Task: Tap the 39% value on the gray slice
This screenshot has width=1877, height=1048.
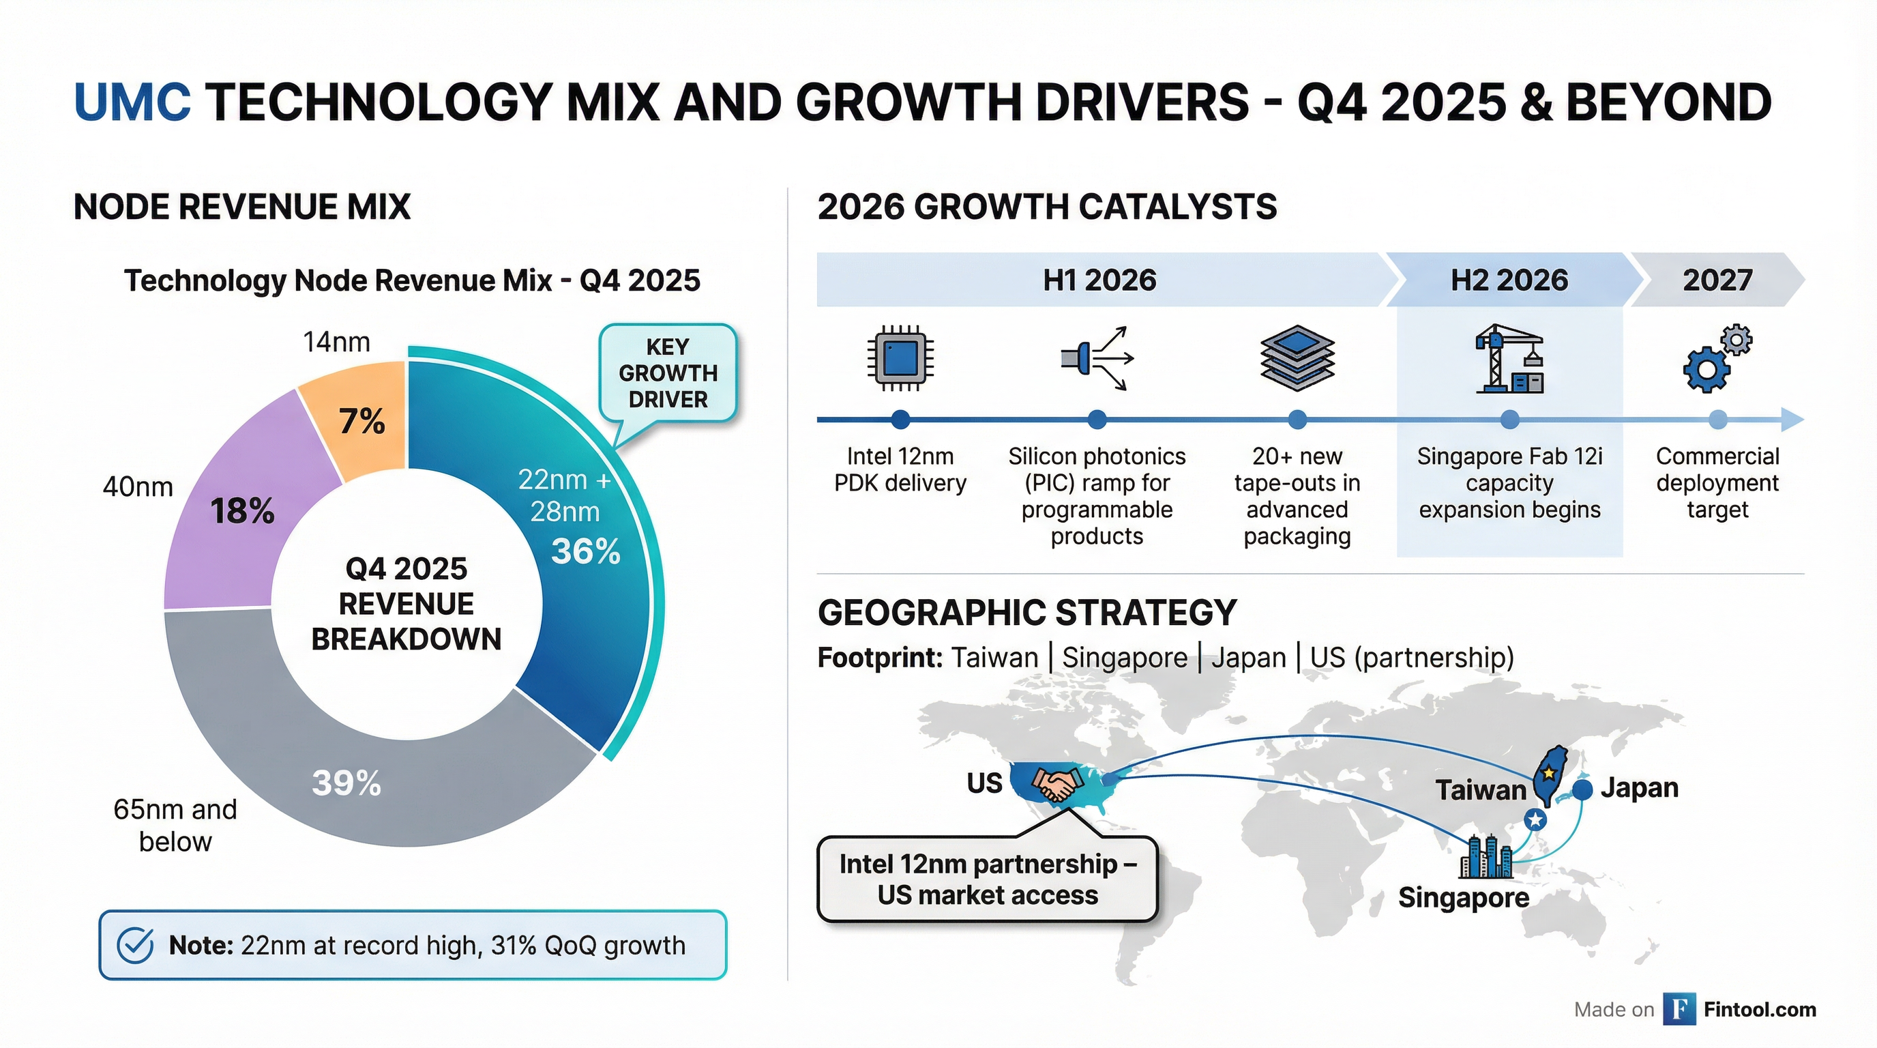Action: [x=346, y=783]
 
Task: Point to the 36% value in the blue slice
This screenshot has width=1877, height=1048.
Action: [x=585, y=551]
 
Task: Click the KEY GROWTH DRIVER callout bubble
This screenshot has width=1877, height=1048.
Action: [x=668, y=373]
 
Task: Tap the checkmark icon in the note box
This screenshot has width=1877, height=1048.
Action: [x=136, y=945]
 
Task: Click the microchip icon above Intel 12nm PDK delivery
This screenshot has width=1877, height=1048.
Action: [x=900, y=358]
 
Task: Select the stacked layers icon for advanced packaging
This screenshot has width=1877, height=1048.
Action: [x=1297, y=358]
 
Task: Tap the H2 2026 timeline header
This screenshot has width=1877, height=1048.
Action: [x=1509, y=280]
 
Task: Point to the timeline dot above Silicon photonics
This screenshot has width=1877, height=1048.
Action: [x=1097, y=419]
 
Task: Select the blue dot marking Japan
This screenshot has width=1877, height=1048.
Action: [x=1582, y=789]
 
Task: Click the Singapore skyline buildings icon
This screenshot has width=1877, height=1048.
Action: [x=1486, y=857]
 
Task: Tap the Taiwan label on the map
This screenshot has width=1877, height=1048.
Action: [x=1480, y=790]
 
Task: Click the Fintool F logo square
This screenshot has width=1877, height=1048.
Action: [x=1679, y=1009]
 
